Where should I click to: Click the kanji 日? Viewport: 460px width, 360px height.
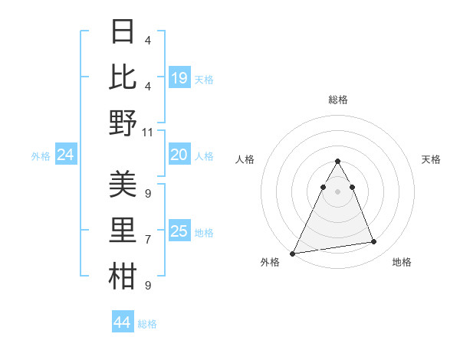[123, 32]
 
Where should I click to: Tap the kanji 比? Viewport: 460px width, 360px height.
[123, 77]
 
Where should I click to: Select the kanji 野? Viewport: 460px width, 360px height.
[123, 123]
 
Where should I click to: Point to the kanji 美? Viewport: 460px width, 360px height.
[123, 185]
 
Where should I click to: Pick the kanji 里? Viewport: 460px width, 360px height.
[123, 231]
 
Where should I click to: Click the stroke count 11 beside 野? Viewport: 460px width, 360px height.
[148, 132]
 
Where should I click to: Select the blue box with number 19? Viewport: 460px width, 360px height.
[179, 77]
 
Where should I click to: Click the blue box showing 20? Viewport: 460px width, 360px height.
[179, 155]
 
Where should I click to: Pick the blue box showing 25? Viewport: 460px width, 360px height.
[179, 231]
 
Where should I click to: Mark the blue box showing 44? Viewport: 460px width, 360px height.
[123, 322]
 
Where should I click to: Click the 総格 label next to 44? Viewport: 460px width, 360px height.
[147, 324]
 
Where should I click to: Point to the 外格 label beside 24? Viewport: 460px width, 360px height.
[41, 156]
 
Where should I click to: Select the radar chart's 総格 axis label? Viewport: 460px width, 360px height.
[338, 100]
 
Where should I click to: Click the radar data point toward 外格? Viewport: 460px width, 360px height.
[292, 253]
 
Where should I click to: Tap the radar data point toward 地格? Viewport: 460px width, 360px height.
[374, 242]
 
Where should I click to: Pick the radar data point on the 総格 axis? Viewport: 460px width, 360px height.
[338, 161]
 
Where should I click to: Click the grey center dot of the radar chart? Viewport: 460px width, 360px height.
[338, 191]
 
